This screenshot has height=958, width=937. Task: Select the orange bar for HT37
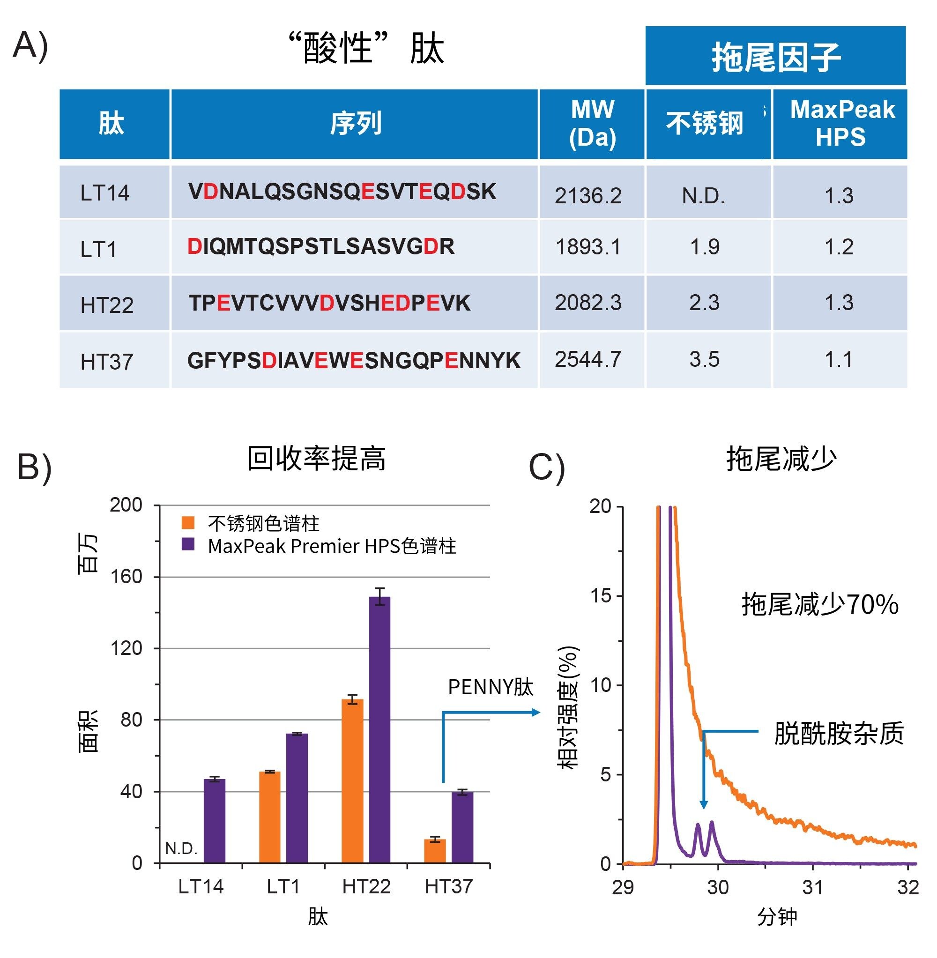(x=435, y=851)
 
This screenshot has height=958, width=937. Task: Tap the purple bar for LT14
(x=215, y=821)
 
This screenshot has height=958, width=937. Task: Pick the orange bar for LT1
(x=270, y=817)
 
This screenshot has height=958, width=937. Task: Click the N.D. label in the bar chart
(x=181, y=848)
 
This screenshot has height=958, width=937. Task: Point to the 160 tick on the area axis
(x=126, y=577)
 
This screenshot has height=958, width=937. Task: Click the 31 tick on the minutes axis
(x=812, y=888)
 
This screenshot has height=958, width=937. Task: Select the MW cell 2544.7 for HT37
(x=588, y=360)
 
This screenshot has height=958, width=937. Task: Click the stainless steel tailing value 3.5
(x=704, y=360)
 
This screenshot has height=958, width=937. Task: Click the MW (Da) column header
(x=592, y=124)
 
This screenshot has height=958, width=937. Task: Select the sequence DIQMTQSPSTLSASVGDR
(x=321, y=246)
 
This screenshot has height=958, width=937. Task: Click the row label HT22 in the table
(x=107, y=305)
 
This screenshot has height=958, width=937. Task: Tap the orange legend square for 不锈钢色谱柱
(x=188, y=522)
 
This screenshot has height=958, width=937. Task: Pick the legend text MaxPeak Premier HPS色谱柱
(x=332, y=546)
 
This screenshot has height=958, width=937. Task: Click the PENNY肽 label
(x=491, y=687)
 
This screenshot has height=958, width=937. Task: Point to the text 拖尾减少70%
(x=820, y=604)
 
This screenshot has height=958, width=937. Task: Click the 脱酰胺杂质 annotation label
(x=839, y=733)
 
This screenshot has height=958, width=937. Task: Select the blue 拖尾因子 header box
(x=775, y=56)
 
